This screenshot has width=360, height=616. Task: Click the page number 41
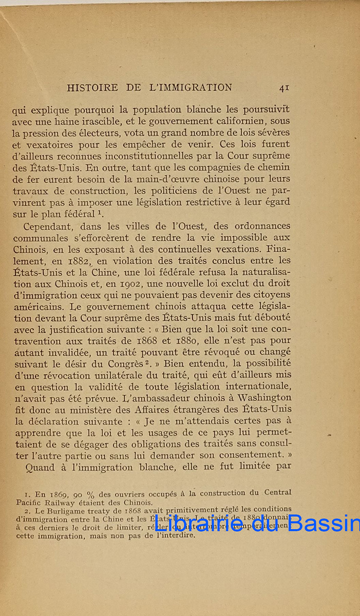(284, 88)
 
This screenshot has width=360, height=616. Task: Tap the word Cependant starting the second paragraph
(48, 226)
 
